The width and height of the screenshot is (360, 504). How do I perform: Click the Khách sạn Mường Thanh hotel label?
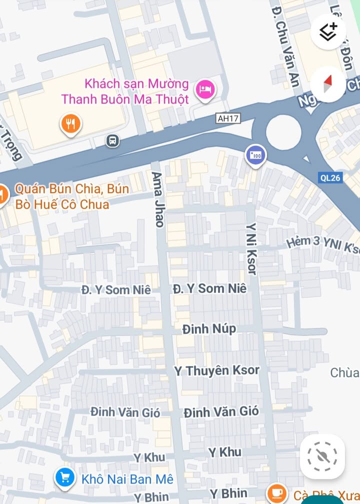[125, 91]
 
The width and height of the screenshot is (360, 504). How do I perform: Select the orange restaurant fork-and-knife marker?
[71, 123]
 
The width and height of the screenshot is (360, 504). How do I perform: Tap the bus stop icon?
[113, 140]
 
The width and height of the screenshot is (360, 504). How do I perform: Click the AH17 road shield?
[228, 118]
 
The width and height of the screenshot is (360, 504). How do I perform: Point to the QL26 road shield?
[330, 177]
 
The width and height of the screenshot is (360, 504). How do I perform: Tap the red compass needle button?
[327, 83]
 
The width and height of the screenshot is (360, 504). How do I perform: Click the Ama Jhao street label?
[158, 199]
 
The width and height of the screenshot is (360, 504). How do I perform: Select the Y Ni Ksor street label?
[251, 248]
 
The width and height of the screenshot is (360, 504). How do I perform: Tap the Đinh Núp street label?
[209, 329]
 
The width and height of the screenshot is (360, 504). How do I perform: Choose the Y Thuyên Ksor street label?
[216, 370]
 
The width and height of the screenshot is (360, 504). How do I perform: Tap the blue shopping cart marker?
[64, 478]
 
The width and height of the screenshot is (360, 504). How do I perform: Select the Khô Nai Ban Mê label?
[127, 479]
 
